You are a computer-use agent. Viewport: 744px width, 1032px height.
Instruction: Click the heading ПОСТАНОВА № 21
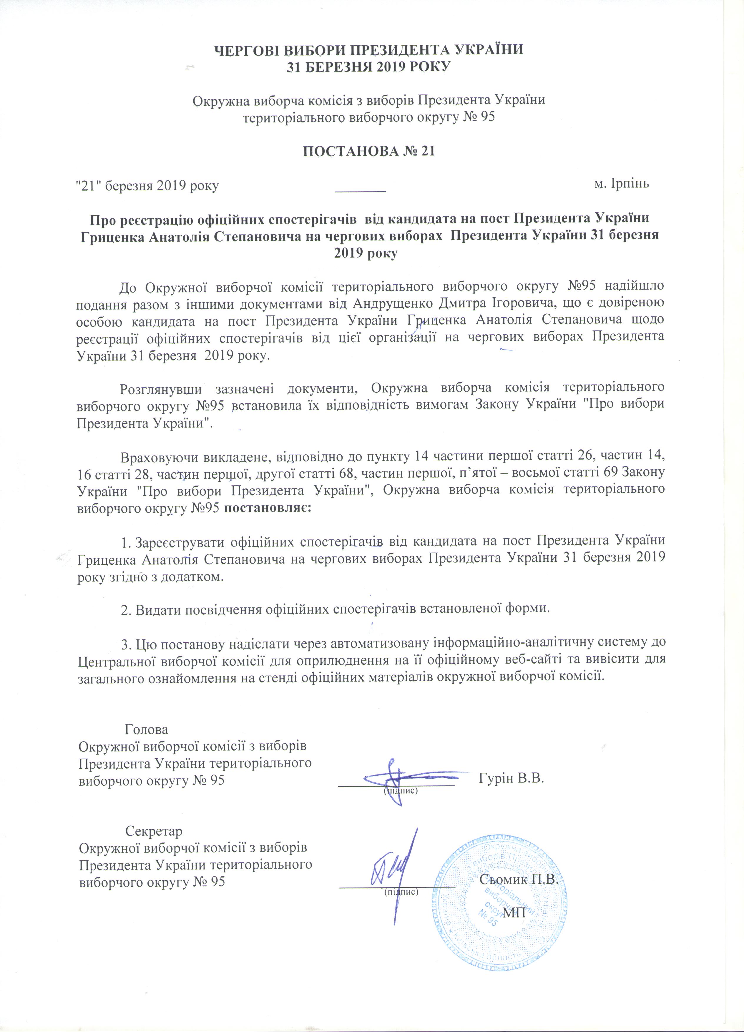point(368,151)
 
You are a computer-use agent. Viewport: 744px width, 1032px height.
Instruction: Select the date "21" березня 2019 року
point(147,186)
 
